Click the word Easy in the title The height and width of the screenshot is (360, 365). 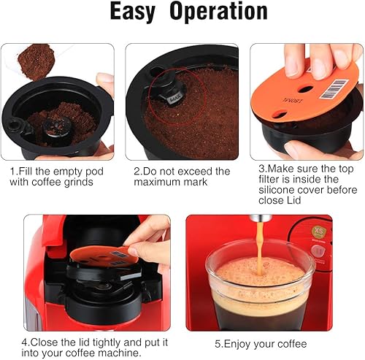(133, 12)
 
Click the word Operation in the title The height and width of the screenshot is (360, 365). (218, 11)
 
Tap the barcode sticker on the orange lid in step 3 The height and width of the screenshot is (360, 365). (333, 89)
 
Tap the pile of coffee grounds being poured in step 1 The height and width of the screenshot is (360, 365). (36, 61)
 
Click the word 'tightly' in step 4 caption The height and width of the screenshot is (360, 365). (107, 342)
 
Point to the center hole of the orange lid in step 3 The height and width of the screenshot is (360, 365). (305, 89)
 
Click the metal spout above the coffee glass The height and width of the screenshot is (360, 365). (260, 218)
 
